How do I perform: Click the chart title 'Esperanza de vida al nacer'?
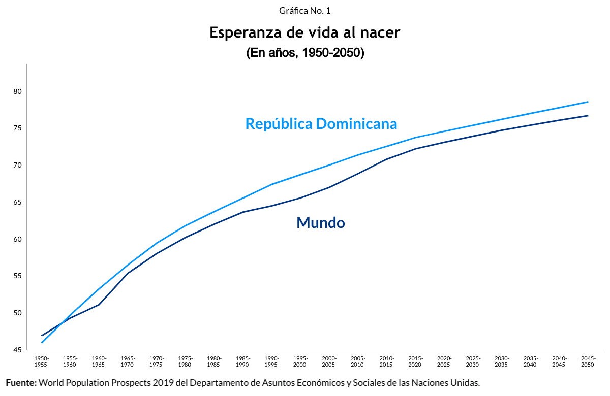305,33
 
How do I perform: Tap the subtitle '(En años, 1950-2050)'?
305,53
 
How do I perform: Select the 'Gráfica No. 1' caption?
305,11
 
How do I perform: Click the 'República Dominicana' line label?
321,123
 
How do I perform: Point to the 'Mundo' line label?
321,222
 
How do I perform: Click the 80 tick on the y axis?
18,91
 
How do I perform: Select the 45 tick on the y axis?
18,350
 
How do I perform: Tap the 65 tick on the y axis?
18,202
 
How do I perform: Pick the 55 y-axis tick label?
18,276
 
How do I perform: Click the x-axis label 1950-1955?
42,361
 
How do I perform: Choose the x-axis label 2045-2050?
588,361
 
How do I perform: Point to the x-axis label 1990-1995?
271,361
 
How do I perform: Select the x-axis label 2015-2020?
415,361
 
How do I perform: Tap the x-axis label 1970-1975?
157,361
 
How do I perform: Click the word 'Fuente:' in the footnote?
21,382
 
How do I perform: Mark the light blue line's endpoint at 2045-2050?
588,102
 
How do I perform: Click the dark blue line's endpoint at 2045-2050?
588,116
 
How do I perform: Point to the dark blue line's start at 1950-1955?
42,336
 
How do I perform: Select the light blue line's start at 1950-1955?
42,343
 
